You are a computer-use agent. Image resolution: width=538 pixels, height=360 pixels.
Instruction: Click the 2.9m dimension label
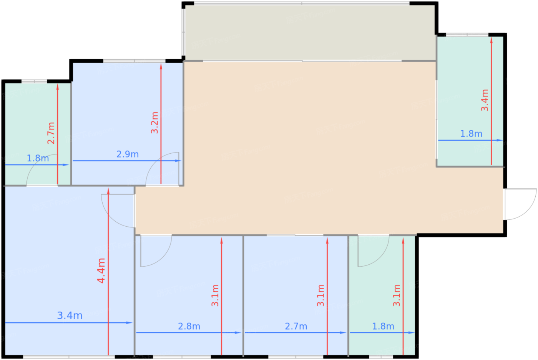pos(128,154)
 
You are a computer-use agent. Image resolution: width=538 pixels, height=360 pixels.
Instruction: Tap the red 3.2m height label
pos(154,123)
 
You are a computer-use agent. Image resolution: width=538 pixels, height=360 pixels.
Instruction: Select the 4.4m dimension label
pos(101,270)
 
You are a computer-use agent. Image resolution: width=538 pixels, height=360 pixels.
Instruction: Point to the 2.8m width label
pos(189,326)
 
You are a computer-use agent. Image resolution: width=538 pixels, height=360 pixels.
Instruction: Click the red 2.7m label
pos(51,133)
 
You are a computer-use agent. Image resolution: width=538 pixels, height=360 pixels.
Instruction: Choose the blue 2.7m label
pos(296,326)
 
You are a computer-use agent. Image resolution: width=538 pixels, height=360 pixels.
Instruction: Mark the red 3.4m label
pos(485,100)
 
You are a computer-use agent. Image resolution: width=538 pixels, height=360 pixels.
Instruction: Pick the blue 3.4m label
pos(70,315)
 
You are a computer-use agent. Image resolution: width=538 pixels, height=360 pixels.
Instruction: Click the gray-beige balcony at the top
pos(310,32)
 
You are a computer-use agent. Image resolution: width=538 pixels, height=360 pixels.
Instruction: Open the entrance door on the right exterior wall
pos(520,204)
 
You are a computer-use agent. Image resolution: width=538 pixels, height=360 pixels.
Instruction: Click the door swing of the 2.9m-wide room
pos(162,169)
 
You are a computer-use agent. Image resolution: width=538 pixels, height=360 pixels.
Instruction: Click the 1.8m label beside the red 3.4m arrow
pos(471,134)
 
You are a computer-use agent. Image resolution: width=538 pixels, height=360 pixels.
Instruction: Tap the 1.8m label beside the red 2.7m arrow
pos(38,159)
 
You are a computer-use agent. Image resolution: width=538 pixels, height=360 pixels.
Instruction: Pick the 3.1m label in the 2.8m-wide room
pos(215,295)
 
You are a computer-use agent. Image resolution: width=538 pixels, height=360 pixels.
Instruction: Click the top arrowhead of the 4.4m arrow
pos(108,191)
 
